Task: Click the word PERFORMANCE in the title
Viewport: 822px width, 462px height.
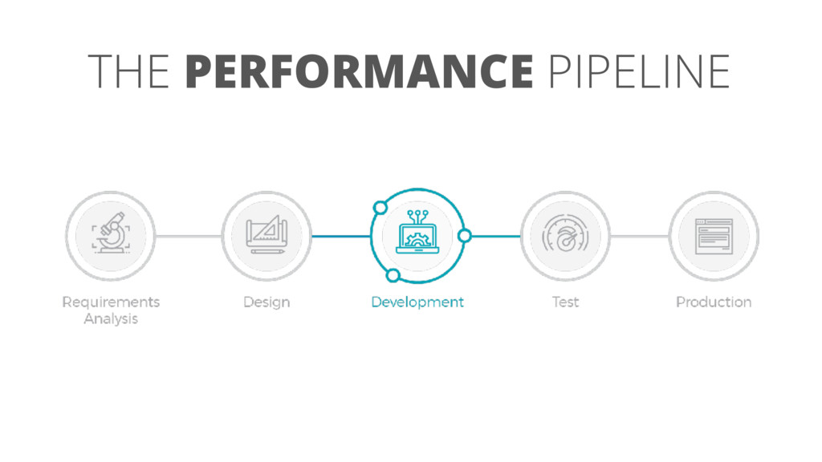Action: [x=359, y=71]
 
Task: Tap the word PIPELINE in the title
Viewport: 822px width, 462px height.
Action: [x=639, y=71]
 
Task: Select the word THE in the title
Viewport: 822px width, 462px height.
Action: [x=128, y=71]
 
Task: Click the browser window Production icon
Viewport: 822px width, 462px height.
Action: [x=714, y=235]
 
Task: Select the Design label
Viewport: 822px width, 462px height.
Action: [x=267, y=302]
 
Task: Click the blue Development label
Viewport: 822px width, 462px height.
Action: [x=417, y=302]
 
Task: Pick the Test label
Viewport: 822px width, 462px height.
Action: [x=565, y=302]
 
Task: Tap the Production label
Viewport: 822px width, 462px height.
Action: [x=714, y=302]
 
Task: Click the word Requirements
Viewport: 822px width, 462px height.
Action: [x=111, y=302]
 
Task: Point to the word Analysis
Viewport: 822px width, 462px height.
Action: [x=111, y=319]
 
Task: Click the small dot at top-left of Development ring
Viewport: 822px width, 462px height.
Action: [x=380, y=209]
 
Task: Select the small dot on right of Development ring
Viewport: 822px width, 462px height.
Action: [x=464, y=236]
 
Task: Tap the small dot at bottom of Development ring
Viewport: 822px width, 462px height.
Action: [x=393, y=277]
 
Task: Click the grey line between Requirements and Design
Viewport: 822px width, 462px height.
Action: [x=188, y=236]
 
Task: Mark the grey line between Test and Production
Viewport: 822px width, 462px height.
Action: [x=639, y=236]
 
